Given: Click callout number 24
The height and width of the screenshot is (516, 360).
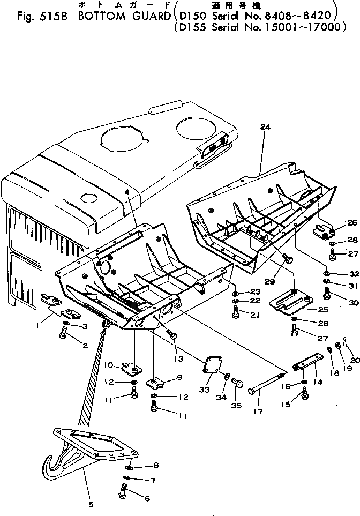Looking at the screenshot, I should point(264,127).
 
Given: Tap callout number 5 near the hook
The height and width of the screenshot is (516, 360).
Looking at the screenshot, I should point(90,504).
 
